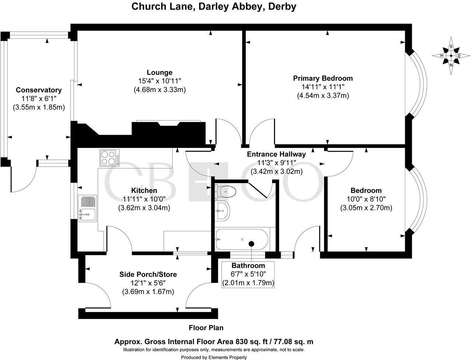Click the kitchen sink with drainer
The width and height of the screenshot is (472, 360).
point(87,208)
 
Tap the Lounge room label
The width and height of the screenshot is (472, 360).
point(159,72)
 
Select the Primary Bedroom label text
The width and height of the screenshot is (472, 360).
point(323,78)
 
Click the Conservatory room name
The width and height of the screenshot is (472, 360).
point(39,90)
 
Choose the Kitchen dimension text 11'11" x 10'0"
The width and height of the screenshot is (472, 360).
point(144,199)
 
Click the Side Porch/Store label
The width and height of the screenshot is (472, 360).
point(148,274)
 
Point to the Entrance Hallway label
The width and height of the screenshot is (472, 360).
point(276,154)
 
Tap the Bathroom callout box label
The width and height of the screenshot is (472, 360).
point(248,266)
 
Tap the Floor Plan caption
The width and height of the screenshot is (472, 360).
point(206,328)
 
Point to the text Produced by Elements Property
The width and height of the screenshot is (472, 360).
point(214,357)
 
